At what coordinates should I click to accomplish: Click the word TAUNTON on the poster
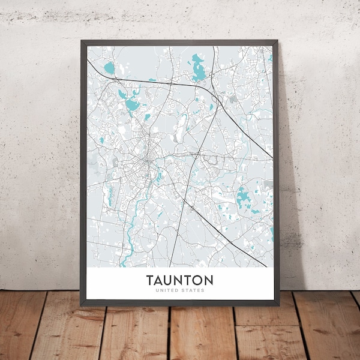(x=179, y=280)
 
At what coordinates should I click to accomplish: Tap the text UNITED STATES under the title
(x=179, y=290)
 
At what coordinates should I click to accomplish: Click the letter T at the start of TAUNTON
(x=149, y=280)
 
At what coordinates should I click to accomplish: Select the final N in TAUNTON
(x=208, y=280)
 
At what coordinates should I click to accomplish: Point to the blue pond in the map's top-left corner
(x=109, y=68)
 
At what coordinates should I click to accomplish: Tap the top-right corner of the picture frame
(x=277, y=41)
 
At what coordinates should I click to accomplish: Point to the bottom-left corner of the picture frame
(x=82, y=304)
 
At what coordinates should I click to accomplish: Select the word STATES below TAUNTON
(x=193, y=290)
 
